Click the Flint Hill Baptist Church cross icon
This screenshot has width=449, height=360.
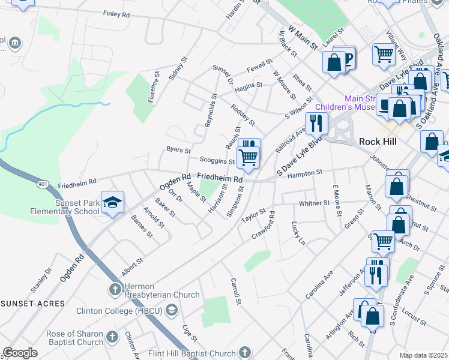click(244, 352)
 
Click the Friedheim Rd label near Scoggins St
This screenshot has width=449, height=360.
click(220, 178)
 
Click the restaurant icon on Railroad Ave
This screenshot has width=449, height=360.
click(316, 123)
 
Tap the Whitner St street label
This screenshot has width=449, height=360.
click(315, 204)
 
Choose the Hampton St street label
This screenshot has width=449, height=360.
click(305, 172)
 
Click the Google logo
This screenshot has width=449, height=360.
click(20, 353)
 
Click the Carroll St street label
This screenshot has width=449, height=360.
click(235, 290)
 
